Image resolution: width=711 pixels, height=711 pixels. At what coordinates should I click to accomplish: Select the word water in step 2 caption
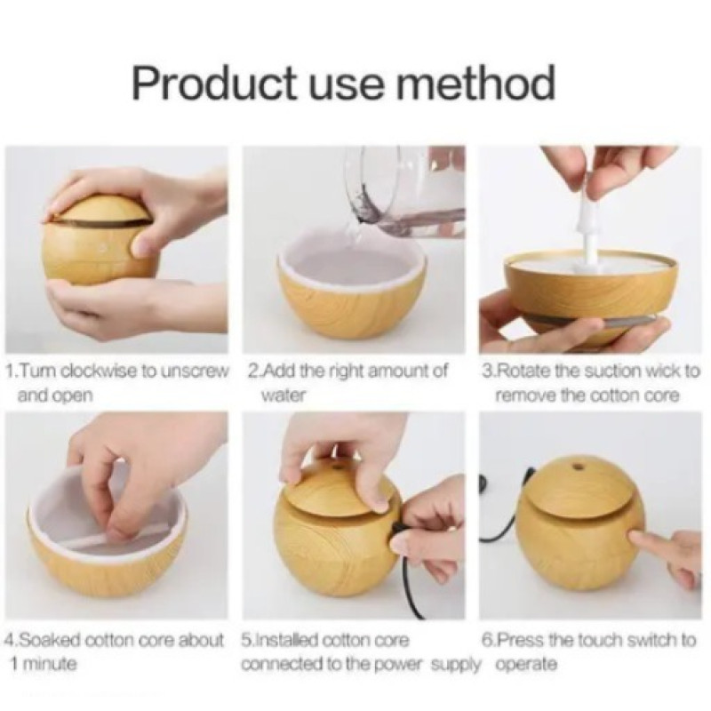[283, 395]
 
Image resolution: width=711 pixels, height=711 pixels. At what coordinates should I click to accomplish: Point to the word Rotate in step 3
[521, 371]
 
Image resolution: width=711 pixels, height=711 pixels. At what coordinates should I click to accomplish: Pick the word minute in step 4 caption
[49, 664]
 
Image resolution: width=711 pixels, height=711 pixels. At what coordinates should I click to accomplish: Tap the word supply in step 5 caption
[455, 665]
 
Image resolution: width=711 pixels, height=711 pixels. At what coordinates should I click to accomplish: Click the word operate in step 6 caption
[526, 665]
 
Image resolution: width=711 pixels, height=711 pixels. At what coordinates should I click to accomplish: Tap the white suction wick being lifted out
[584, 227]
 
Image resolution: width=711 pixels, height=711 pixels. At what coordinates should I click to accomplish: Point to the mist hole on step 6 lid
[578, 466]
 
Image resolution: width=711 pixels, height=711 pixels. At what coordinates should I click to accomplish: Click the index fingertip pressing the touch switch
[634, 539]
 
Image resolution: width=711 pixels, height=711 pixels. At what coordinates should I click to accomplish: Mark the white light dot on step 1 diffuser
[103, 248]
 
